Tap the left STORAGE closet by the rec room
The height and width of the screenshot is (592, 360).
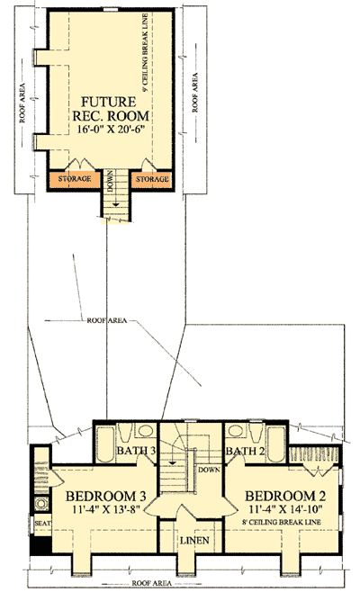pos(76,179)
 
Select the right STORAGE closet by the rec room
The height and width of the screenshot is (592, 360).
pos(151,179)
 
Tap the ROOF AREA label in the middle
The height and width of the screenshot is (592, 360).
pos(108,319)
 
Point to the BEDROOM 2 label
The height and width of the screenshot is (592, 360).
pos(279,497)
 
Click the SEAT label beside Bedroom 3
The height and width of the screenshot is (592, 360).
pos(41,522)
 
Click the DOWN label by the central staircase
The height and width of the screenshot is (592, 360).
pos(208,468)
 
